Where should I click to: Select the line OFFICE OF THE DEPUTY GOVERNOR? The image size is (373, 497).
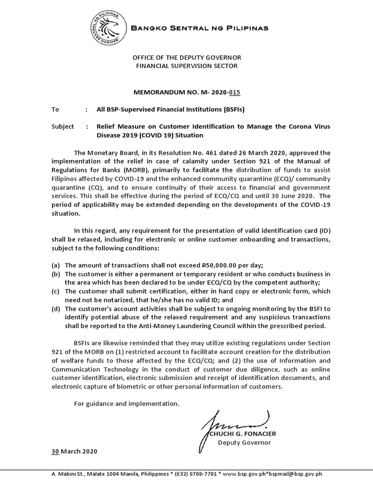pos(187,58)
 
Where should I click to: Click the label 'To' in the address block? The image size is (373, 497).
pos(55,110)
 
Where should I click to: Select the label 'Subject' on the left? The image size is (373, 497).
pos(63,127)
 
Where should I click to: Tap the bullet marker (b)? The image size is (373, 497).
pos(56,274)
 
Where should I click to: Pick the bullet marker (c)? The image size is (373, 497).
pos(56,291)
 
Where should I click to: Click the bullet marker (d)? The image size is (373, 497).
pos(56,308)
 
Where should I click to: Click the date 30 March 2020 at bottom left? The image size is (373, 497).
pos(74,451)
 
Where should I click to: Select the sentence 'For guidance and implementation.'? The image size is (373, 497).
pos(126,403)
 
